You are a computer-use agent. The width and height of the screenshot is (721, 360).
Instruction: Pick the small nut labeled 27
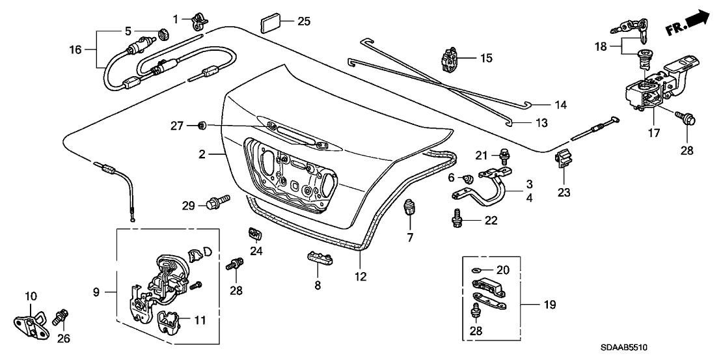[202, 124]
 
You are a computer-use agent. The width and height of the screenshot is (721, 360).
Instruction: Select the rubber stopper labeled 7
[409, 209]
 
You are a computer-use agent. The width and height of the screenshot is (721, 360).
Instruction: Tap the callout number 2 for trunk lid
[202, 154]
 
